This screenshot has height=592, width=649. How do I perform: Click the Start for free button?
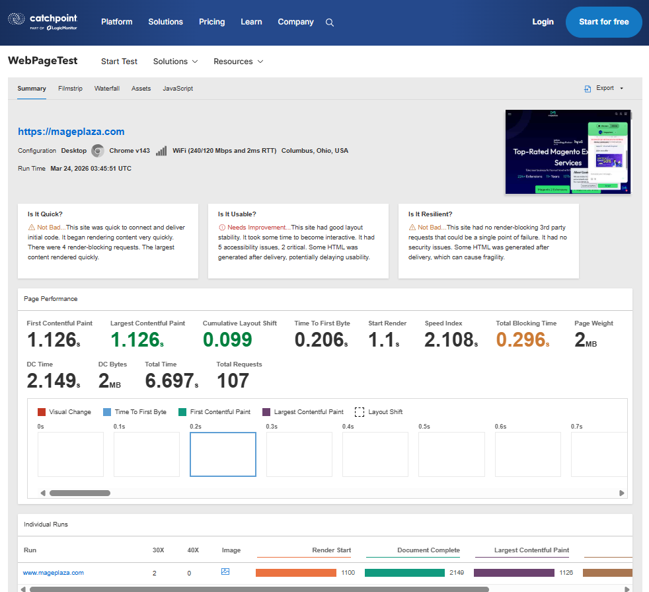603,22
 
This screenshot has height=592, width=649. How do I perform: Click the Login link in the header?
543,22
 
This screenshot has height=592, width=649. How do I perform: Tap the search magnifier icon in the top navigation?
330,22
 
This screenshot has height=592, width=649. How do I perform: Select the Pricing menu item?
211,22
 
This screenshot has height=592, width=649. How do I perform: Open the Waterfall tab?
106,89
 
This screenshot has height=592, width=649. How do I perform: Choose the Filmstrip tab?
70,89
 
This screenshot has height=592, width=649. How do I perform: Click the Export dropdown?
604,88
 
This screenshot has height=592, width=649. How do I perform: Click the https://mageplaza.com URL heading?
71,132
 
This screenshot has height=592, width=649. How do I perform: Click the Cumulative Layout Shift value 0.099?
227,340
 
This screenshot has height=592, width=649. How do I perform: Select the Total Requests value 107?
233,381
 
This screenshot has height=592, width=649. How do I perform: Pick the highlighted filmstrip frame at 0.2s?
223,454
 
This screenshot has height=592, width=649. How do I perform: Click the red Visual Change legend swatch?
42,412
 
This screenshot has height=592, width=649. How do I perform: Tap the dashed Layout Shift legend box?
360,412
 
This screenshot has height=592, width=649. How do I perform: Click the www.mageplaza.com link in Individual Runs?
54,573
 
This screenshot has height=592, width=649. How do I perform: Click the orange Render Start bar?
295,573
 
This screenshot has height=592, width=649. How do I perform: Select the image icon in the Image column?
225,571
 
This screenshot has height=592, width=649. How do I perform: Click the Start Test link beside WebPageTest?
119,62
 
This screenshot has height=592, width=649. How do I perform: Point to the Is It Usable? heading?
237,214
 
